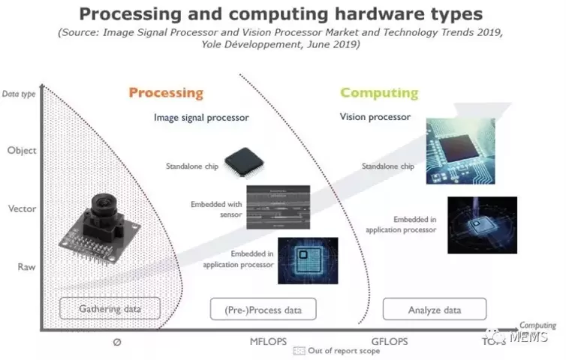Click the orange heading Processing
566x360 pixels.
166,93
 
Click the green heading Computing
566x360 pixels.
379,93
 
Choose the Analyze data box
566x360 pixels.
435,309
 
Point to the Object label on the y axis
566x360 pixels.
21,150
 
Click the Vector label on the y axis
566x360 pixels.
21,208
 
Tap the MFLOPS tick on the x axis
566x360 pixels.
269,341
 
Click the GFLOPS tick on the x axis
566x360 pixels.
389,341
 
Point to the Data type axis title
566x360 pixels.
20,94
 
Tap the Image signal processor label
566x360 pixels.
201,118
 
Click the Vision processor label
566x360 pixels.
375,117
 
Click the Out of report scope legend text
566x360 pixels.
335,351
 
